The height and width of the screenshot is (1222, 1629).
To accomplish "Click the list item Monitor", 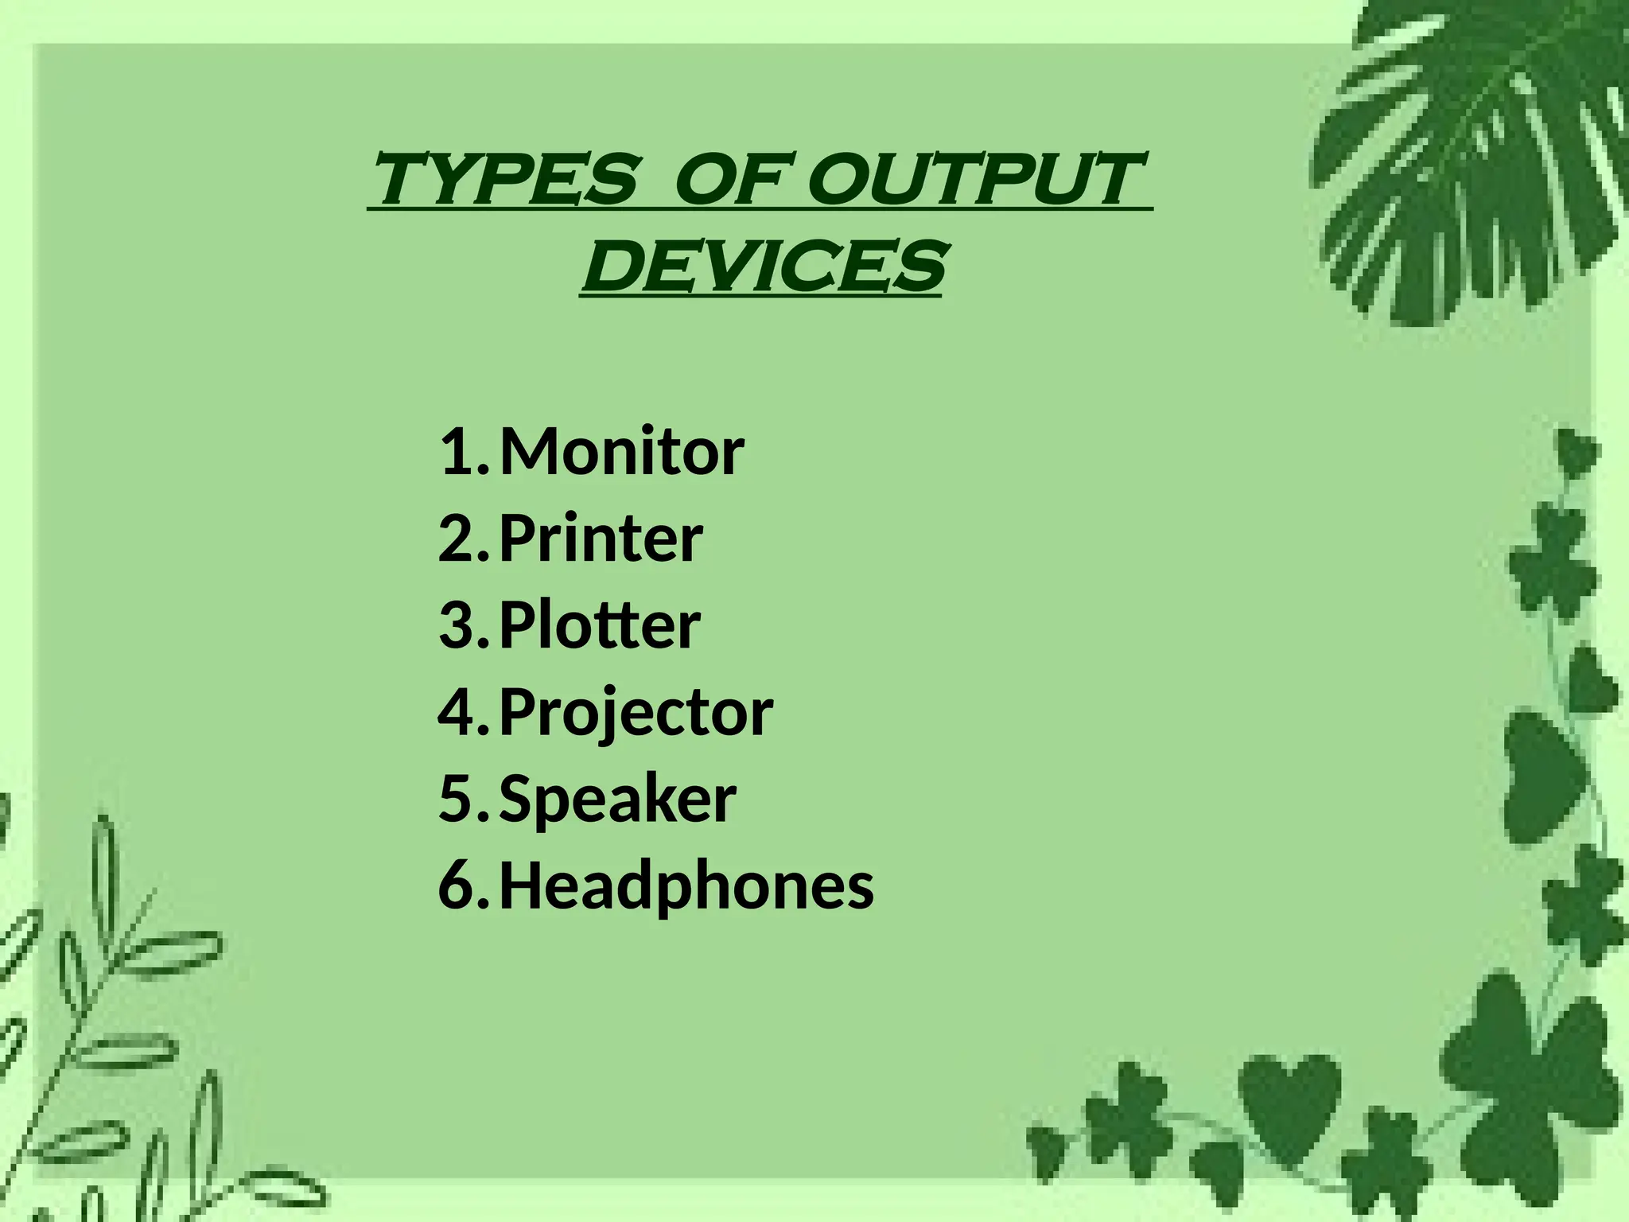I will click(621, 451).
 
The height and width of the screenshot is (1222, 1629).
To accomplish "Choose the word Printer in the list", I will click(601, 539).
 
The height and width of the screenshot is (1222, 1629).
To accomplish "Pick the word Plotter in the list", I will click(599, 625).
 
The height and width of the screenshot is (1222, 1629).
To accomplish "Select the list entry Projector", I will click(636, 713).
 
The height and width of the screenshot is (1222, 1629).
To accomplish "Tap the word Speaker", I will click(617, 798).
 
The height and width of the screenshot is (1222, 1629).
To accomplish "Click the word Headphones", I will click(686, 885).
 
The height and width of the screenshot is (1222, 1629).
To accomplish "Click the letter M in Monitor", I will click(531, 451).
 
